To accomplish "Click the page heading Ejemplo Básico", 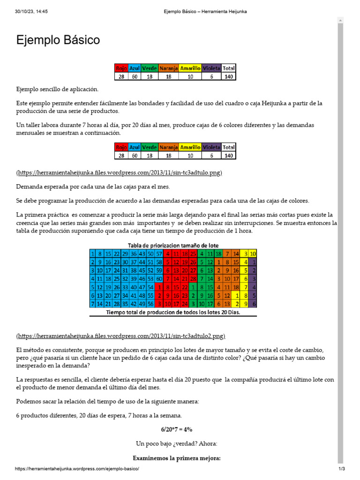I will click(x=58, y=40).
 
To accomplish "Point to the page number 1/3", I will click(x=342, y=469).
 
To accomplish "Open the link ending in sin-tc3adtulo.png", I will click(x=119, y=173).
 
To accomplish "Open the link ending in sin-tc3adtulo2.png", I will click(x=120, y=336).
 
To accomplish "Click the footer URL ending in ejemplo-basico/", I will click(x=77, y=469).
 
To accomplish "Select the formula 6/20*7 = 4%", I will click(x=177, y=429).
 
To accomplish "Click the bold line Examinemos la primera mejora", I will click(x=177, y=458).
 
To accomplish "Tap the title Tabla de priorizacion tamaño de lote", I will click(x=173, y=246).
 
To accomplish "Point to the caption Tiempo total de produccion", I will click(x=173, y=313).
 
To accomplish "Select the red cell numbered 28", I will click(x=193, y=279).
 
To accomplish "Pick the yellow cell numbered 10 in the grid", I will click(x=253, y=254).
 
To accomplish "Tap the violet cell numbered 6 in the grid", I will click(x=254, y=304).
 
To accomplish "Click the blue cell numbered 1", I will click(x=92, y=254).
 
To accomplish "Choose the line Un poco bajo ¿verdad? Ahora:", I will click(x=177, y=443).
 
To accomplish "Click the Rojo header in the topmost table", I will click(x=121, y=68).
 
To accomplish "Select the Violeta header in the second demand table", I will click(x=211, y=147).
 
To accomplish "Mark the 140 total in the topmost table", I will click(x=229, y=76).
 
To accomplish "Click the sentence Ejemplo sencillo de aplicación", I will click(x=58, y=89).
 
